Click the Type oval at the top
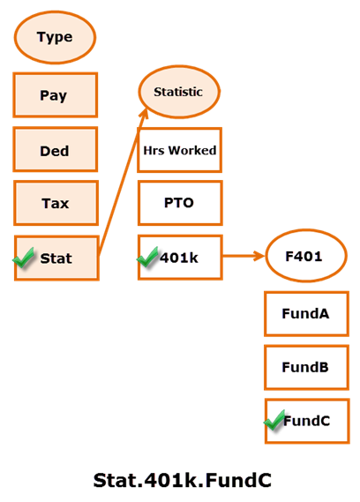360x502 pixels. [x=55, y=38]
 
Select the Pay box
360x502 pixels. [x=55, y=95]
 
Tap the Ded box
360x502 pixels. [x=55, y=150]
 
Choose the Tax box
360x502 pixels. [x=55, y=204]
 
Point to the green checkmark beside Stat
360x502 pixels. [x=25, y=258]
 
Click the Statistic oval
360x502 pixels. [x=179, y=92]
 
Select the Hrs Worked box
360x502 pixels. [x=180, y=150]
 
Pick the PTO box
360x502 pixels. [x=180, y=203]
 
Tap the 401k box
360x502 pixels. [x=180, y=258]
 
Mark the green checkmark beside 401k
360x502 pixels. [x=147, y=258]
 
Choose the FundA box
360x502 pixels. [x=305, y=313]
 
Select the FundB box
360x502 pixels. [x=305, y=367]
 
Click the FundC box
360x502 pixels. [x=305, y=421]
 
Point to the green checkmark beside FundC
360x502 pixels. [x=274, y=422]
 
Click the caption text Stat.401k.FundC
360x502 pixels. [x=182, y=480]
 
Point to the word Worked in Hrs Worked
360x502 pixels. [x=192, y=150]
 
